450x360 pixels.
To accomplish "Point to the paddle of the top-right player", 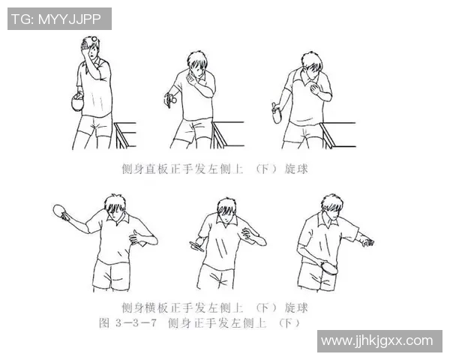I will pos(276,114).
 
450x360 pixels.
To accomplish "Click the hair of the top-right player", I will pos(312,60).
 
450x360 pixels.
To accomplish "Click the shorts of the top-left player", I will pos(96,123).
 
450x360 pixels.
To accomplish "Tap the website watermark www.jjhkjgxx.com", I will pos(376,341).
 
